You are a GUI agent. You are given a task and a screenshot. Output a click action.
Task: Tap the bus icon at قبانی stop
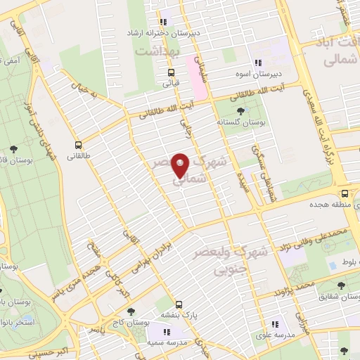click(171, 72)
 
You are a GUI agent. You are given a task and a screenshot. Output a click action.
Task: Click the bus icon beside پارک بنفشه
click(179, 304)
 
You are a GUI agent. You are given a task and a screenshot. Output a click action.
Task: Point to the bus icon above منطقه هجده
click(344, 194)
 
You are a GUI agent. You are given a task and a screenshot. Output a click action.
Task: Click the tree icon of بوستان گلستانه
click(242, 111)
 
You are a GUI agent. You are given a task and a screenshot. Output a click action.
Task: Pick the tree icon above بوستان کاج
click(131, 311)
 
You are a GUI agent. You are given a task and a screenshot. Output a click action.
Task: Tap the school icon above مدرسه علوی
click(275, 324)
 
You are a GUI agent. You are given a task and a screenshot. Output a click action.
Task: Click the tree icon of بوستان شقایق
click(341, 285)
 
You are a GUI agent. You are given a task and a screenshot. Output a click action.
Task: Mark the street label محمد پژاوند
click(295, 288)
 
